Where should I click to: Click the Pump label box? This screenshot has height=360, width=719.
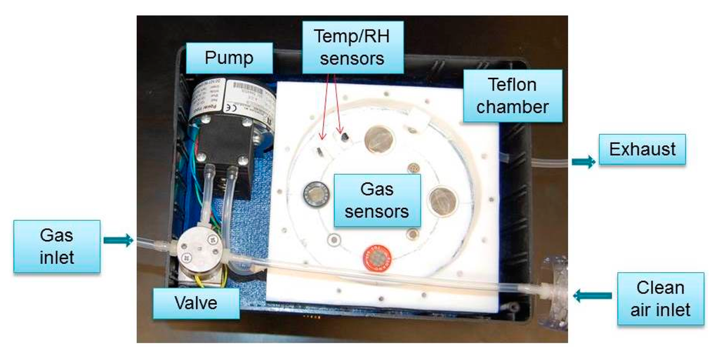(x=229, y=57)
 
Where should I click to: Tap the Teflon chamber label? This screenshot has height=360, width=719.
(x=513, y=95)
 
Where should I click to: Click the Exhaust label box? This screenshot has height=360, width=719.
(x=642, y=149)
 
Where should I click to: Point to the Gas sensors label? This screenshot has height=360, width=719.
(x=376, y=199)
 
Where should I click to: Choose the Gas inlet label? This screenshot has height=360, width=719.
(x=56, y=246)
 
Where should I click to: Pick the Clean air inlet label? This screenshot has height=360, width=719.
(x=660, y=298)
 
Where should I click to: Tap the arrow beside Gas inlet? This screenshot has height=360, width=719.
(x=117, y=241)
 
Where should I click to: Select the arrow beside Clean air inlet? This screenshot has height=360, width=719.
(x=586, y=296)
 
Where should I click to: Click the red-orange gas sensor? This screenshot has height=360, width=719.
(x=379, y=260)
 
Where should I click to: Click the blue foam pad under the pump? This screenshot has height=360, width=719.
(x=246, y=196)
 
